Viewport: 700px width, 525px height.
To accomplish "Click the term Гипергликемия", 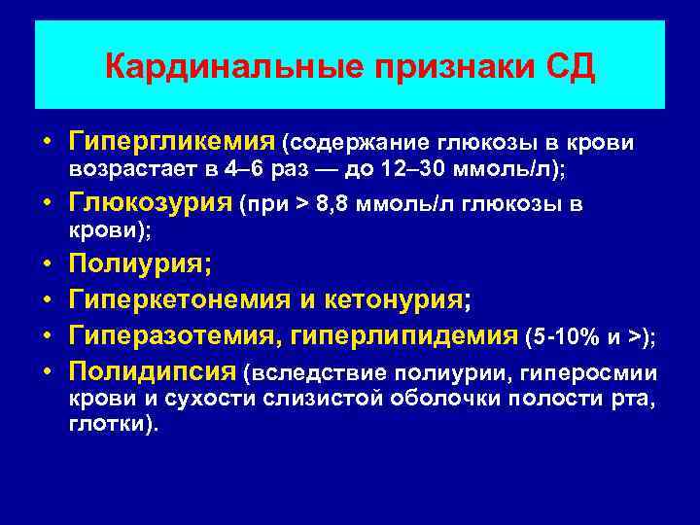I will (171, 143).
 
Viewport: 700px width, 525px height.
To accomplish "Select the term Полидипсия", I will (153, 372).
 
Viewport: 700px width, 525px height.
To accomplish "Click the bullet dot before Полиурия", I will (47, 264).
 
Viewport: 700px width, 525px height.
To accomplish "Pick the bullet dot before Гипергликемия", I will (47, 144).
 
